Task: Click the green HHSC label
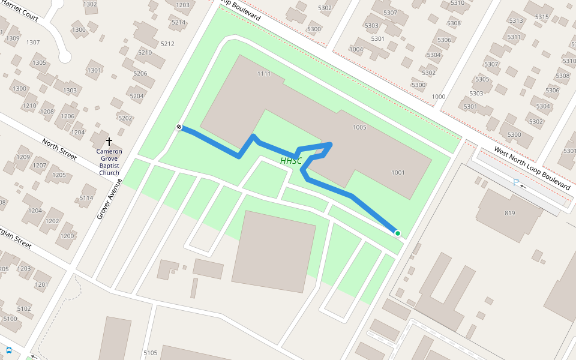point(291,161)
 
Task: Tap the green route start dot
point(397,233)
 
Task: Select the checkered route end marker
point(179,127)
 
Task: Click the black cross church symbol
point(109,142)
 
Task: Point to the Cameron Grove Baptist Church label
point(109,162)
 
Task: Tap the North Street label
point(59,149)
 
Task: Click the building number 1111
point(264,74)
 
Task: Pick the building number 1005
point(359,127)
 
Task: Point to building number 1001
point(398,173)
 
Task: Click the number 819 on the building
point(510,213)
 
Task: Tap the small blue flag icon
point(515,182)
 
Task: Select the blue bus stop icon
point(9,350)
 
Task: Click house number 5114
point(86,198)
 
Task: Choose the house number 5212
point(167,44)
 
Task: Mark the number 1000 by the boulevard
point(439,97)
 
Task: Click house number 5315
point(542,17)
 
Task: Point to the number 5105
point(151,353)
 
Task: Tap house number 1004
point(356,49)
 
